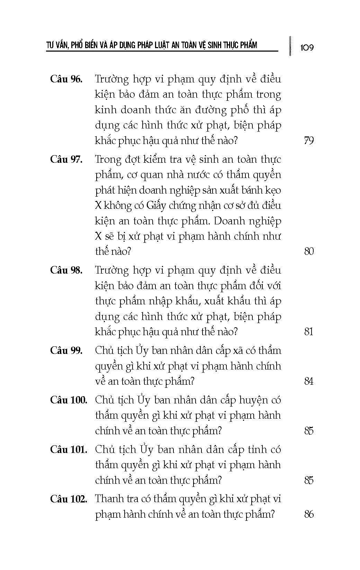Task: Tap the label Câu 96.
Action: pos(66,79)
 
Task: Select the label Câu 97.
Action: pos(66,159)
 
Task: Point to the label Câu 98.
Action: pos(66,270)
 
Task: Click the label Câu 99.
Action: pos(66,350)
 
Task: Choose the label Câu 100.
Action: pos(69,400)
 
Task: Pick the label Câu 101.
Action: pos(69,449)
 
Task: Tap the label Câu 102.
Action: pos(69,499)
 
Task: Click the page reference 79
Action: pos(308,141)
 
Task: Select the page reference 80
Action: pos(308,251)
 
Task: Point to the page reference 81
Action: pos(308,332)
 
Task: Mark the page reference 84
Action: pos(308,381)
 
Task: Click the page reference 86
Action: pos(308,514)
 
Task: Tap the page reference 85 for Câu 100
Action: pos(308,431)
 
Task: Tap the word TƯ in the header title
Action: pos(51,45)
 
